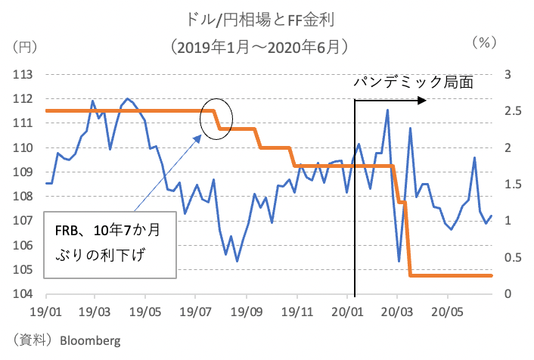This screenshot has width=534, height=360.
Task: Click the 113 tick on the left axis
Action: pyautogui.click(x=26, y=74)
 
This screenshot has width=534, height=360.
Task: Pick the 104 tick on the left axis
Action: pyautogui.click(x=26, y=294)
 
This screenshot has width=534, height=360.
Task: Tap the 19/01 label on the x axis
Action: pyautogui.click(x=45, y=311)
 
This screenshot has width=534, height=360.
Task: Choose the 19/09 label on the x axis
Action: pyautogui.click(x=246, y=311)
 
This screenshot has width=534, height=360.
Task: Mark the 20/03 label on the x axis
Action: pyautogui.click(x=396, y=311)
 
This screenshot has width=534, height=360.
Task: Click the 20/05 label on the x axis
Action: pyautogui.click(x=446, y=311)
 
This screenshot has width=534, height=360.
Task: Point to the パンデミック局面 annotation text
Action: pyautogui.click(x=413, y=82)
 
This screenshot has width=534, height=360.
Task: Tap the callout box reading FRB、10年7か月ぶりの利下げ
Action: pyautogui.click(x=110, y=241)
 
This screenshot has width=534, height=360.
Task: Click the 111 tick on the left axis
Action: pyautogui.click(x=26, y=123)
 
